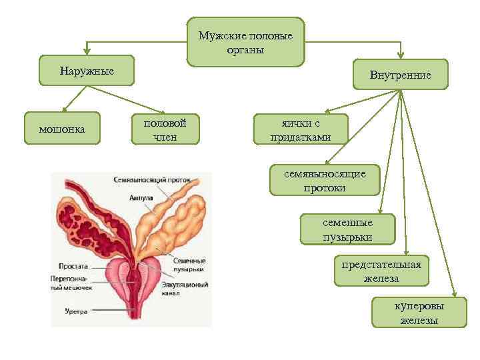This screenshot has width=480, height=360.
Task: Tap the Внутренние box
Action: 401,75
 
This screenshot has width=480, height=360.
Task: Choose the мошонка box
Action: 62,128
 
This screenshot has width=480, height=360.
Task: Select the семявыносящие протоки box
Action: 324,180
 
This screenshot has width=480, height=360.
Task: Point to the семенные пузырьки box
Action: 347,229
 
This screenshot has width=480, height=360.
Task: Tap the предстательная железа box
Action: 381,271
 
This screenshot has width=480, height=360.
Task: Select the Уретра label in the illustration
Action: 77,311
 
